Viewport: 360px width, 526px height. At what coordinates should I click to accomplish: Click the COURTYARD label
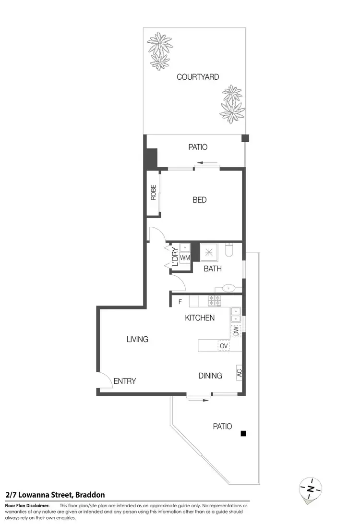tap(198, 77)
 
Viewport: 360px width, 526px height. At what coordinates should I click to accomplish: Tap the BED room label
tap(200, 200)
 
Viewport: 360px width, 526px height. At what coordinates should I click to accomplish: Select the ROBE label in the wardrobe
tap(154, 193)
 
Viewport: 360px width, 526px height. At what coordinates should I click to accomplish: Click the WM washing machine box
tap(185, 258)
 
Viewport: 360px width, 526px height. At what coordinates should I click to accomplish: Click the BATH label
tap(213, 269)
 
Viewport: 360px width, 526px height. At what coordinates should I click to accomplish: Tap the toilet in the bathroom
tap(229, 250)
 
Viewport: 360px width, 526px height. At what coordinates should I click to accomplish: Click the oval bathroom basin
tap(229, 289)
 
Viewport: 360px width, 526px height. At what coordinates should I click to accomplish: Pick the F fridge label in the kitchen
tap(180, 302)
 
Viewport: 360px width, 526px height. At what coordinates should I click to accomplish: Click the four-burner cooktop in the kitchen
tap(214, 301)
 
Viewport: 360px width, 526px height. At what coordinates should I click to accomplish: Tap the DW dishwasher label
tap(236, 330)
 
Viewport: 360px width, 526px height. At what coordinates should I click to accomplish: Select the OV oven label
tap(223, 345)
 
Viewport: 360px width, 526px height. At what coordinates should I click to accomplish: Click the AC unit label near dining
tap(239, 372)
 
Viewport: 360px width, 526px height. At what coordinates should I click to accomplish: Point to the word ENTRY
tap(125, 381)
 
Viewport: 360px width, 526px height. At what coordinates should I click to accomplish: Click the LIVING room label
tap(137, 339)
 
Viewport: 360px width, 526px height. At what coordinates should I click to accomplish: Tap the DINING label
tap(210, 376)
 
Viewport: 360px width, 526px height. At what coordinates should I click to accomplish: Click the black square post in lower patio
tap(243, 434)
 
